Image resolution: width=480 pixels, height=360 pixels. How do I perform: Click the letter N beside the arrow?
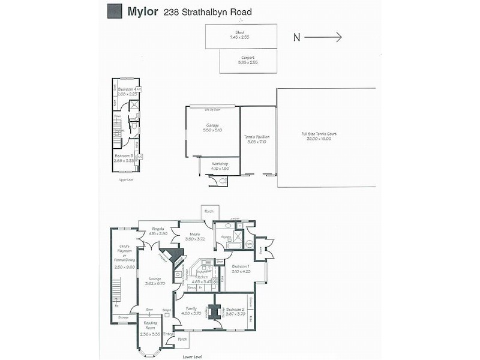point(296,37)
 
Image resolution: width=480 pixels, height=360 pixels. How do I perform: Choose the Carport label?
point(248,58)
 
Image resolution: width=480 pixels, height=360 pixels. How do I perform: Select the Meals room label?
point(194,234)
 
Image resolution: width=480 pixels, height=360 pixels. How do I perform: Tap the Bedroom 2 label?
point(234,310)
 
